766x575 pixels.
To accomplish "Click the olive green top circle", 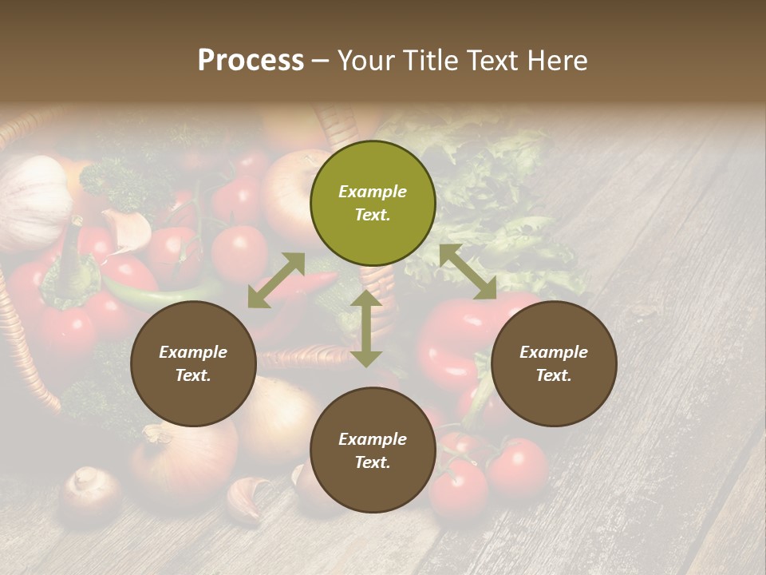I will coord(373,204).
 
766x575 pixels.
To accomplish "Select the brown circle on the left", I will coord(193,364).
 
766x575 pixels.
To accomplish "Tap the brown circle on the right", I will coord(554,364).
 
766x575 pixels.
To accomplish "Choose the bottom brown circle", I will coord(373,450).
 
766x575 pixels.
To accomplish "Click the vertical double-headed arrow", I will coord(366,328).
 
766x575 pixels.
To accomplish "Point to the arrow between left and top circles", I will coord(276,280).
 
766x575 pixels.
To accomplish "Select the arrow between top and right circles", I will coord(468,272).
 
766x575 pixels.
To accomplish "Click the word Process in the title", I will coord(251,60).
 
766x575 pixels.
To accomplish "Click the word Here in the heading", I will coord(559,61).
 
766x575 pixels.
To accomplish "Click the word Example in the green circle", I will coord(373,192).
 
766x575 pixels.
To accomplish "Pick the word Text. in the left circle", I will coord(193,375).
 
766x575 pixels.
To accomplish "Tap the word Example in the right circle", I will coord(554,352).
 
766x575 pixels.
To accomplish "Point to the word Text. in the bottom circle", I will coord(373,462).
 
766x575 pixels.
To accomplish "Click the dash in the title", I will coord(321,61).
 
